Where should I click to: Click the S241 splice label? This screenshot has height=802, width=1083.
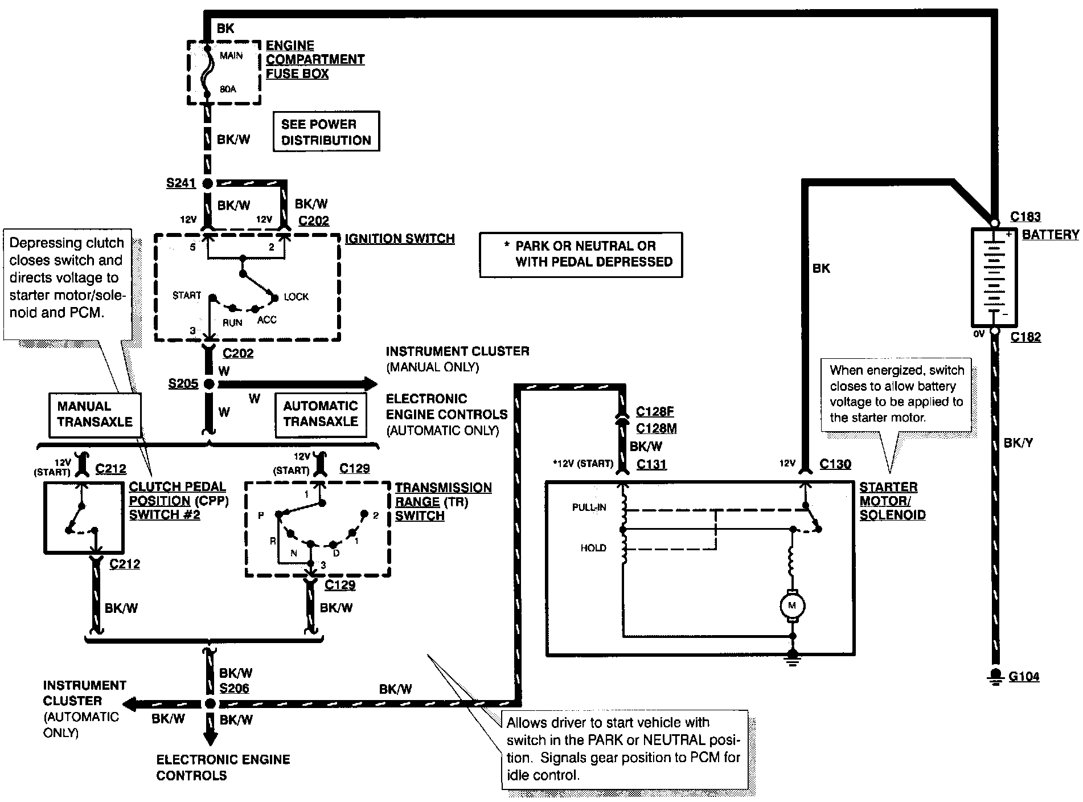[180, 183]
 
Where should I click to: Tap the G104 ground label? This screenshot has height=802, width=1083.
[1024, 677]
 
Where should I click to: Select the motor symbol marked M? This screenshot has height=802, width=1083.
[791, 605]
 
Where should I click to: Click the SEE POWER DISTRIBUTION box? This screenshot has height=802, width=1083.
[326, 132]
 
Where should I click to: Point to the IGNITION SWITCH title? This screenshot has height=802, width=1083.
[400, 239]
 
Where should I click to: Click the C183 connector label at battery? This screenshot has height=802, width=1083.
[1025, 216]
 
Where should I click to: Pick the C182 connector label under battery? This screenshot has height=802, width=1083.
[1025, 337]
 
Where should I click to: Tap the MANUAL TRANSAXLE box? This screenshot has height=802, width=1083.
[95, 414]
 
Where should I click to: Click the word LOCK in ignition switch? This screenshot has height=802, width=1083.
[296, 297]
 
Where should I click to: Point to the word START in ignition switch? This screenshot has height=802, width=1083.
[187, 295]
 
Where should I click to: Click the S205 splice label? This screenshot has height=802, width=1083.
[183, 384]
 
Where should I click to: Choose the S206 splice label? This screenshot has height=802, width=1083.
[234, 688]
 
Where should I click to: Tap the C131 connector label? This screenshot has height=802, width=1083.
[651, 464]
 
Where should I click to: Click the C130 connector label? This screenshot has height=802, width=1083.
[835, 464]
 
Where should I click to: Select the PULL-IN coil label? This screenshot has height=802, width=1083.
[589, 508]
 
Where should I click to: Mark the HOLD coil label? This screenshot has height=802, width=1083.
[593, 548]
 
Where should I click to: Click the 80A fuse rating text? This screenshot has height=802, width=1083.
[228, 89]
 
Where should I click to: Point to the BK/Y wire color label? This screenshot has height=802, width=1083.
[1019, 443]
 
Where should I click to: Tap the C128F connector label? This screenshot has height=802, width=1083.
[655, 412]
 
